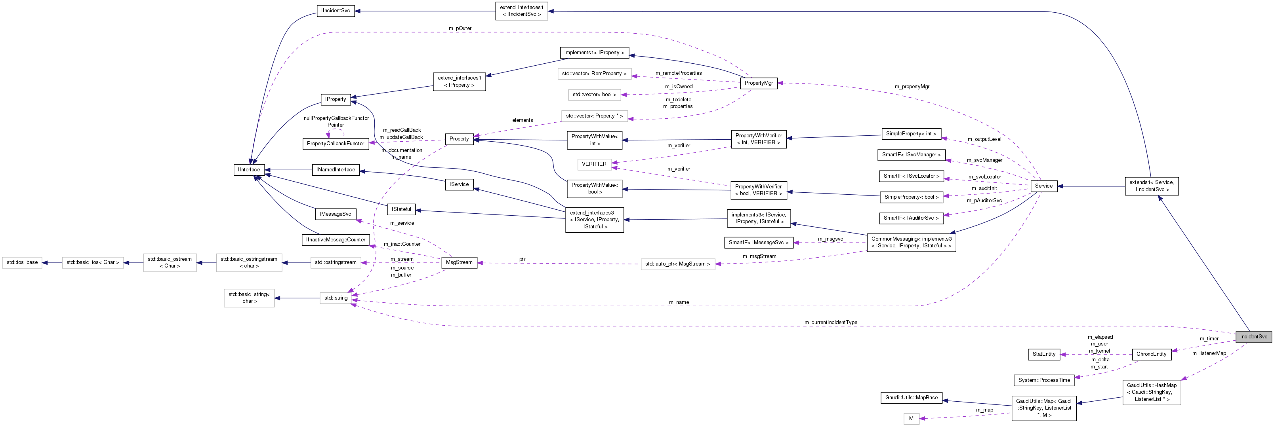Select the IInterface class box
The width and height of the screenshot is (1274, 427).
click(x=249, y=169)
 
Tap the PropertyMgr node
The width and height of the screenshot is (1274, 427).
click(x=758, y=83)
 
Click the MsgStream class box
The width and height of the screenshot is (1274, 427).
click(x=459, y=262)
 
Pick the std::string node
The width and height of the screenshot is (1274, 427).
click(x=336, y=298)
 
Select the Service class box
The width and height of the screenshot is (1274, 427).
click(x=1043, y=186)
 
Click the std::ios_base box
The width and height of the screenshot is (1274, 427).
click(x=22, y=262)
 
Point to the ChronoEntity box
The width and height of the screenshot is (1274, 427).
click(x=1151, y=354)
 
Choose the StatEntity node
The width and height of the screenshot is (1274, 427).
click(x=1044, y=354)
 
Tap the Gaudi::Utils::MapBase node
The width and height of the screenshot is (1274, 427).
click(x=911, y=398)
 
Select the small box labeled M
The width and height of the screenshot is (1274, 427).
click(x=911, y=419)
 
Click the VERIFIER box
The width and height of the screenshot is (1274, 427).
click(x=594, y=164)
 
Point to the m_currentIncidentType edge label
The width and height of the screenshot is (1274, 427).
click(x=830, y=323)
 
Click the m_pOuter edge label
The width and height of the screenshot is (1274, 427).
click(x=460, y=28)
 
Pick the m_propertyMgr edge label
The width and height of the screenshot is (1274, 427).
click(x=912, y=87)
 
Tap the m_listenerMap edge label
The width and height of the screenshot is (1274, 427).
click(x=1209, y=353)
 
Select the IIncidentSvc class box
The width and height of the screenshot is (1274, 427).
click(x=335, y=11)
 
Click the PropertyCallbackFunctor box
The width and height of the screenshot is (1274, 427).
click(x=335, y=144)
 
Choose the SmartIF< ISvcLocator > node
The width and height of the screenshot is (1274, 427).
click(x=911, y=176)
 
